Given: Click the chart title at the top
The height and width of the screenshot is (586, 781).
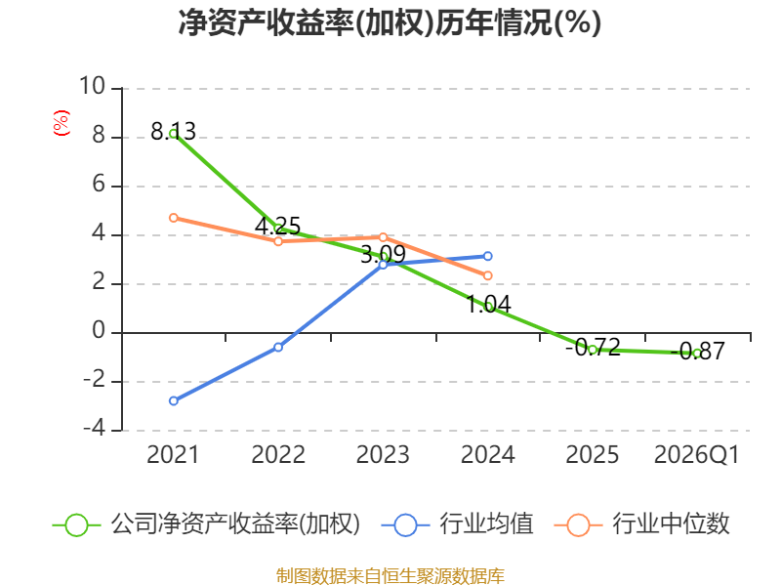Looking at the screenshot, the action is [390, 22].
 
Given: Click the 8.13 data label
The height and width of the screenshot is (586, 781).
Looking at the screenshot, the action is [174, 132].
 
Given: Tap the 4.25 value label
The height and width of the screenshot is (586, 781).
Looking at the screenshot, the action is [278, 227].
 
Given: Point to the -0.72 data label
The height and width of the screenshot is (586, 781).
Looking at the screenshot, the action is [593, 347].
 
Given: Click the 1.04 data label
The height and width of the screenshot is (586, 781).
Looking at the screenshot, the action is [488, 304].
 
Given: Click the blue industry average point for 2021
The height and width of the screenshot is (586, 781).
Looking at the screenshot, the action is [174, 400].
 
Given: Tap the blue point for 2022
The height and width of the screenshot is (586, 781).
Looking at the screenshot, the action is [278, 347].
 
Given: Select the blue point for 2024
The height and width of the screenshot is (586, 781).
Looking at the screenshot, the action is [487, 256].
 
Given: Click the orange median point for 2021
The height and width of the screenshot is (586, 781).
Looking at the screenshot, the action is [174, 218].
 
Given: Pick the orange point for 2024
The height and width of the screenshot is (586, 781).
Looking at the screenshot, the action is [487, 275].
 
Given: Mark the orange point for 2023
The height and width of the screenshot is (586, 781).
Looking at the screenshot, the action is [383, 237].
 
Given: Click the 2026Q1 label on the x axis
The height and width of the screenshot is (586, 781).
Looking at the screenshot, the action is [696, 454].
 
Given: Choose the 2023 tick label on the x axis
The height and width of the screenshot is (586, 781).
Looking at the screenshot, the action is [383, 454].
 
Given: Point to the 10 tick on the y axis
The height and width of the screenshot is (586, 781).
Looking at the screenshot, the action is [93, 86].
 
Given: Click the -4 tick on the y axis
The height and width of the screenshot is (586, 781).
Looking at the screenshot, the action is [94, 428].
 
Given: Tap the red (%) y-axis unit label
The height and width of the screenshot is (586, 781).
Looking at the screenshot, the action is [62, 123].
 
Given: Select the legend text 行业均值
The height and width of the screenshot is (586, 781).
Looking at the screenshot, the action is [486, 523].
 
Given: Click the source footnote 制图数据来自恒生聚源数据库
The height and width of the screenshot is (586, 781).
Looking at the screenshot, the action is [390, 576].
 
